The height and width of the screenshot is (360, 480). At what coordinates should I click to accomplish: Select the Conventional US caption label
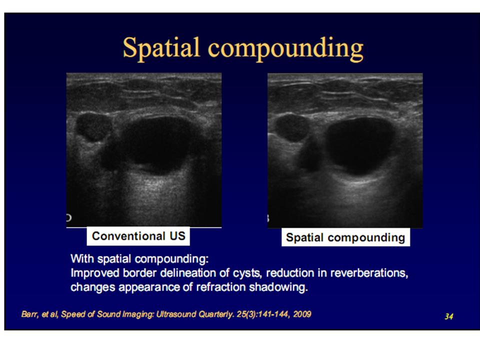click(x=138, y=236)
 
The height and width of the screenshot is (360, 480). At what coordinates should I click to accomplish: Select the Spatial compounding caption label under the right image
click(x=345, y=237)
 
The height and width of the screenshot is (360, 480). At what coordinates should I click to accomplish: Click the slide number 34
click(x=449, y=316)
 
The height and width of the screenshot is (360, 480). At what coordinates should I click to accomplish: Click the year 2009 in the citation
click(x=302, y=314)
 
